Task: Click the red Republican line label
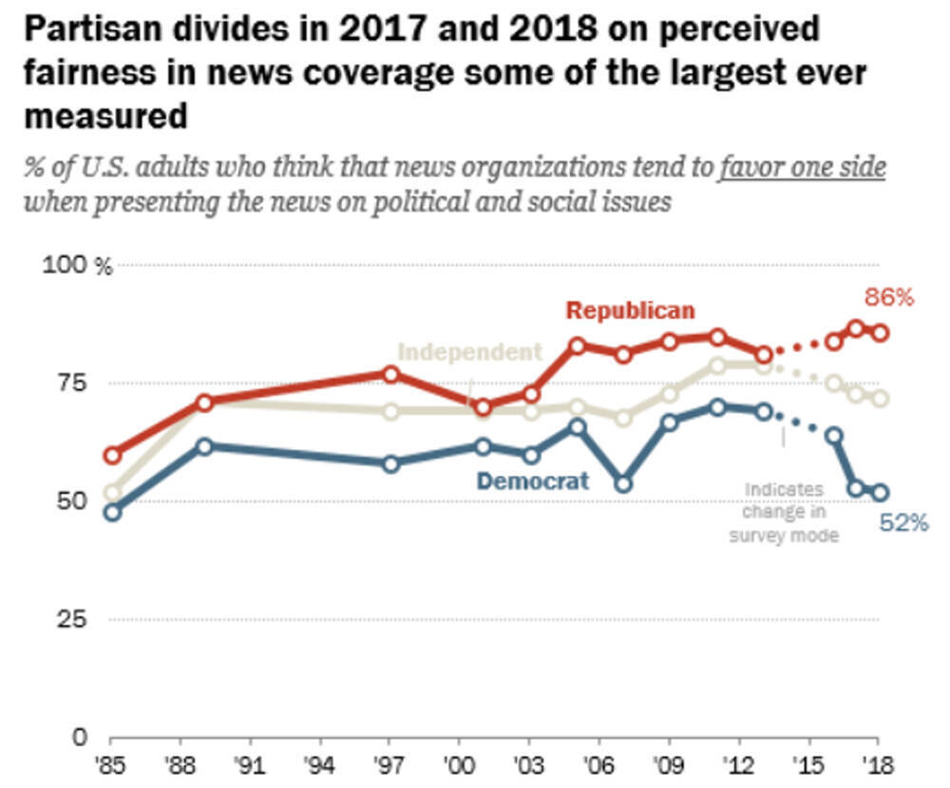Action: click(630, 310)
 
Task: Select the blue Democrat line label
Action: click(533, 481)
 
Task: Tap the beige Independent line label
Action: click(469, 352)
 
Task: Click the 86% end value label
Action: click(888, 297)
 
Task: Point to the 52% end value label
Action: click(903, 522)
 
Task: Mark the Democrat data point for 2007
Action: click(623, 484)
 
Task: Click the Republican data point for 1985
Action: click(113, 455)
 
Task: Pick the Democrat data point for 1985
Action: click(113, 512)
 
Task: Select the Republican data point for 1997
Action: click(389, 374)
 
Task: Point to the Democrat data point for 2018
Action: click(881, 493)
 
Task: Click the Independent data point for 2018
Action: click(881, 399)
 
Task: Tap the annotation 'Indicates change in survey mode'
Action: click(784, 513)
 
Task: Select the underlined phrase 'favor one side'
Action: click(803, 169)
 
